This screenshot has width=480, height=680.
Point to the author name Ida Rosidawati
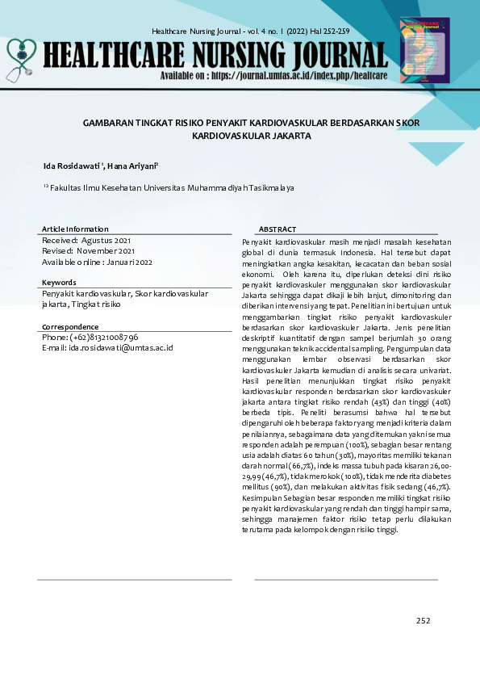pos(73,166)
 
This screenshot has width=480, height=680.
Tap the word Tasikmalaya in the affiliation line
pos(266,187)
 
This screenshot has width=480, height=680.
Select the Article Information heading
pos(75,229)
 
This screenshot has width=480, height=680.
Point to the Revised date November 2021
pos(110,250)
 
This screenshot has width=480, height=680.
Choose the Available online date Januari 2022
pos(133,262)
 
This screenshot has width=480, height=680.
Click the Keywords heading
pos(59,283)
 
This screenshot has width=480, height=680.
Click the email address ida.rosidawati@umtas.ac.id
pos(120,347)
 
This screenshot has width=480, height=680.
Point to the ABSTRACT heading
pos(278,229)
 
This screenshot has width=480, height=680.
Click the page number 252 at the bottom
pos(423,620)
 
